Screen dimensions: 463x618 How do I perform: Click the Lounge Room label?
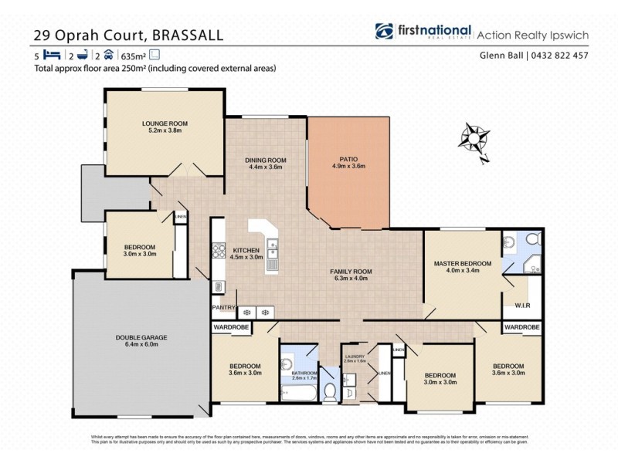[x=165, y=123]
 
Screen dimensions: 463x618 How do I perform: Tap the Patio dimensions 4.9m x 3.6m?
[x=348, y=166]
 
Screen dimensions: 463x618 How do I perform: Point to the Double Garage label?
[x=141, y=337]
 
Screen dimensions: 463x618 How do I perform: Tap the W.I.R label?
[x=521, y=306]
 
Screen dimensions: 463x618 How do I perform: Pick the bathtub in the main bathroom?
[x=298, y=394]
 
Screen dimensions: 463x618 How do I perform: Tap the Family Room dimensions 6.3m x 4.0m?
[x=351, y=279]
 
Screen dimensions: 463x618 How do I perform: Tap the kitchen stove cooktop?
[x=218, y=251]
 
